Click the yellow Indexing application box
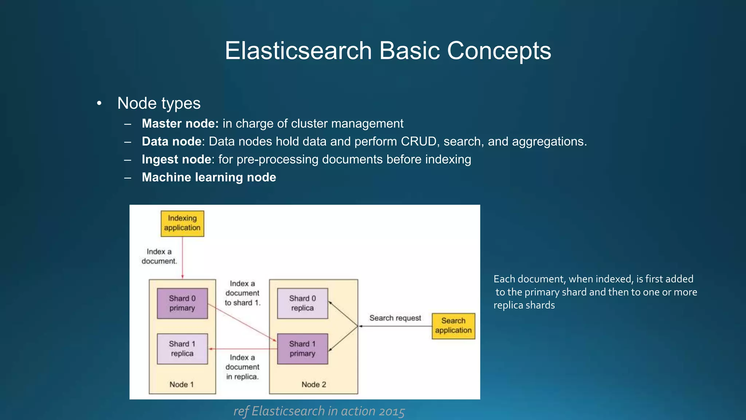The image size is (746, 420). (x=182, y=223)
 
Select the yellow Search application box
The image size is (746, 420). (x=453, y=326)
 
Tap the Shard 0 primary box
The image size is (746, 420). (x=182, y=303)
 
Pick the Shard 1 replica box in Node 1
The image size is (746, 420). (x=182, y=349)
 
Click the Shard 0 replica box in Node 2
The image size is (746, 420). (x=302, y=303)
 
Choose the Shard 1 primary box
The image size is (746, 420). (x=302, y=349)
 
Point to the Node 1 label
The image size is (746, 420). (x=181, y=384)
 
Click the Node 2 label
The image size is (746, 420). (x=314, y=384)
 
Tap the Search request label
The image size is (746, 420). (x=395, y=318)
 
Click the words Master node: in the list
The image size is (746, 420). (x=180, y=124)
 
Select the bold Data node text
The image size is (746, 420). (x=171, y=141)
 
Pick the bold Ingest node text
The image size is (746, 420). (x=176, y=159)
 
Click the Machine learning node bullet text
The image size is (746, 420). (x=209, y=177)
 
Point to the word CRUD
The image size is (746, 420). (x=419, y=141)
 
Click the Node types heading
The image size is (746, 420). (x=159, y=103)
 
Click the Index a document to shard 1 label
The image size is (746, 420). (x=242, y=293)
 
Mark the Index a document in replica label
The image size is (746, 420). (x=242, y=367)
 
